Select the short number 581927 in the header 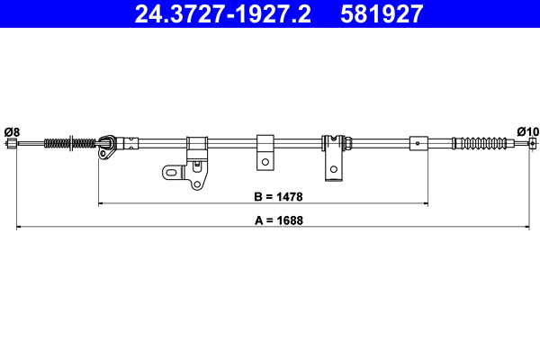pos(379,13)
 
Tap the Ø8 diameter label pos(12,131)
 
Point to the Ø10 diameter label pos(527,130)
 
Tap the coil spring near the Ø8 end pos(68,142)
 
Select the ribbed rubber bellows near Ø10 pos(486,142)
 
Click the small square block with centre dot pos(418,142)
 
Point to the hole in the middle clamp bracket pos(265,162)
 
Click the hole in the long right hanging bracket pos(333,167)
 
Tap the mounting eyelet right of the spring pos(106,144)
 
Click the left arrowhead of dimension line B pos(100,204)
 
